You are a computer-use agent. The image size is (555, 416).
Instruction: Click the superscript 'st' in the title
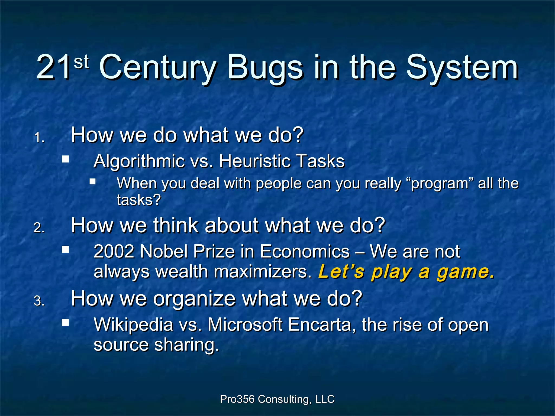click(81, 61)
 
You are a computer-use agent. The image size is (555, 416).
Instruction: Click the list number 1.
click(39, 138)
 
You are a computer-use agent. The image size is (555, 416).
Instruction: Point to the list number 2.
click(39, 228)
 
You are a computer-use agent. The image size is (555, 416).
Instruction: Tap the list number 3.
click(39, 301)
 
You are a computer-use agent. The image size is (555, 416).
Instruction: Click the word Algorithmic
click(139, 161)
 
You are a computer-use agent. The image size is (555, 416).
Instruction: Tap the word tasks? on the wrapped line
click(139, 200)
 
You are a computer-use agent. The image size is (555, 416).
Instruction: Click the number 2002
click(114, 252)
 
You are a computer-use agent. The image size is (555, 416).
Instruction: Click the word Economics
click(305, 252)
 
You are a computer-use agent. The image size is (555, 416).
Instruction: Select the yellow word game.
click(466, 272)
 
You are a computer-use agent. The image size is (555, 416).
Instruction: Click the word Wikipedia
click(133, 324)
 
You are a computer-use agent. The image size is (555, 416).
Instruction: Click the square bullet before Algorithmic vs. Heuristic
click(65, 159)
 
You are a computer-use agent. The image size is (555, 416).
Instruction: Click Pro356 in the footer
click(237, 399)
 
